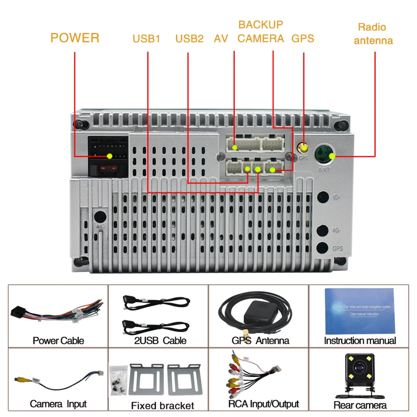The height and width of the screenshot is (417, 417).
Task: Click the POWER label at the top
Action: pos(75,38)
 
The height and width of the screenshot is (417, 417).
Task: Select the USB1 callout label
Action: pos(146,39)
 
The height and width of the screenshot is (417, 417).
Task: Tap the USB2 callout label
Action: pos(189,39)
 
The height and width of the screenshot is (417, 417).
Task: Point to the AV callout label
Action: pos(221,39)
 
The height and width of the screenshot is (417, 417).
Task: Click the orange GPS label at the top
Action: pos(303,38)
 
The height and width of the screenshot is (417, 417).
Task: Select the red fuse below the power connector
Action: pos(108,168)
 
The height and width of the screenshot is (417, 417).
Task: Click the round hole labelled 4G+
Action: pos(323,197)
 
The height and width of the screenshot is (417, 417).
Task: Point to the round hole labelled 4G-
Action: pos(322,230)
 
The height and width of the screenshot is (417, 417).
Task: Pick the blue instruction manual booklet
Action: pos(360,311)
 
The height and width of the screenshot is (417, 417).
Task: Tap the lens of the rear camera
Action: pos(360,368)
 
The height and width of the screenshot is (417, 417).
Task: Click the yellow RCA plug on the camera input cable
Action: pos(20,379)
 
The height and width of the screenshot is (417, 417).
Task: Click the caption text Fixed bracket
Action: pos(162,406)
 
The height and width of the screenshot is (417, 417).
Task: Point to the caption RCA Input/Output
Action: pos(264,404)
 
